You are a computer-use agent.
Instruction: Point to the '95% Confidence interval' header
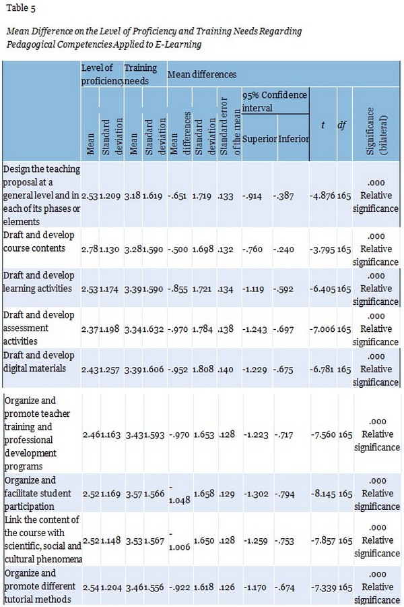[274, 101]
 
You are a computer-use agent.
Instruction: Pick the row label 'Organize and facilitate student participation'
[40, 494]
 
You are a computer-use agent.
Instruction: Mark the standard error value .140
[226, 369]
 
